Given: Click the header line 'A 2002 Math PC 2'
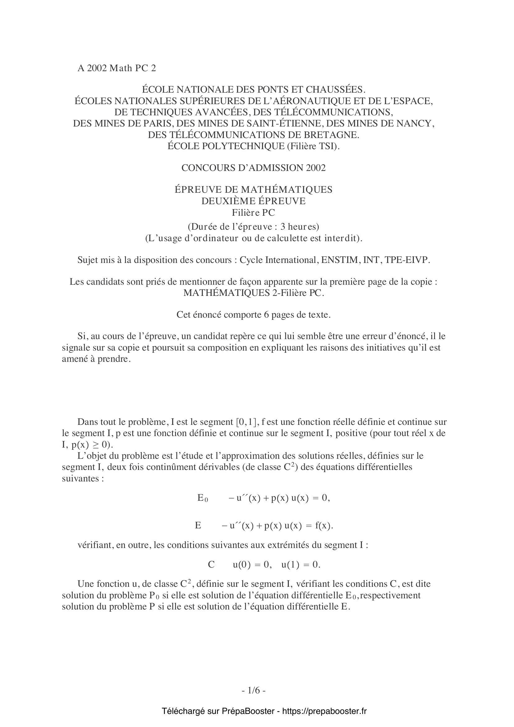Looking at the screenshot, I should [117, 68].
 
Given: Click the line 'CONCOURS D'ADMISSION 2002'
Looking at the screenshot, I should [253, 168].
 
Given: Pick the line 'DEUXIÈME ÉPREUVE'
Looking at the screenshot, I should [253, 201].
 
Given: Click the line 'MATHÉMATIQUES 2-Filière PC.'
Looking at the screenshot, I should [254, 293].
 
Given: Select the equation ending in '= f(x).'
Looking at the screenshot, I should [277, 526].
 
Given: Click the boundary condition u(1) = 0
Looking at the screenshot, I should [301, 564].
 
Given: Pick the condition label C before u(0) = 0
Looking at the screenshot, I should [211, 564].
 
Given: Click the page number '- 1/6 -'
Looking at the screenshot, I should [253, 690].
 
